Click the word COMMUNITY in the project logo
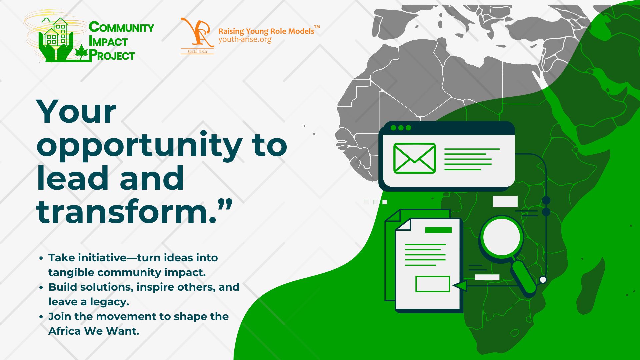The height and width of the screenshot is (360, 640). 121,27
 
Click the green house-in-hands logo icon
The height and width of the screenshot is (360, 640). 55,39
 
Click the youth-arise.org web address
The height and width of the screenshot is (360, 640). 245,40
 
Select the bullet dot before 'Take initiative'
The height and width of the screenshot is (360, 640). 41,258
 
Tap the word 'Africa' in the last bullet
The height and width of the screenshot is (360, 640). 65,331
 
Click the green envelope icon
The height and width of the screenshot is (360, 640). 414,158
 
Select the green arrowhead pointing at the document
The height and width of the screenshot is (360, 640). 460,286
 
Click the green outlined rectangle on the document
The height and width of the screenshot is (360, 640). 433,284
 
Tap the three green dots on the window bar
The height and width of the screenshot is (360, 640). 401,128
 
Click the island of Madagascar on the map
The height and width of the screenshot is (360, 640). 589,287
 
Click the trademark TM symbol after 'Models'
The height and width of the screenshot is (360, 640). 317,27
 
